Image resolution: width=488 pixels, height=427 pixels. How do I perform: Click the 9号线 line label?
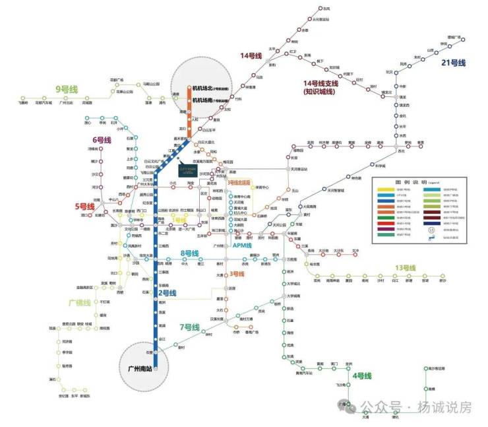click(x=67, y=88)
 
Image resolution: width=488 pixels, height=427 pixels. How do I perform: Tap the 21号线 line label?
click(x=454, y=63)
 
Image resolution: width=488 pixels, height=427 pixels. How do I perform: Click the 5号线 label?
click(x=85, y=205)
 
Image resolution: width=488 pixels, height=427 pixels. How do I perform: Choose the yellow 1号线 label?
click(x=179, y=220)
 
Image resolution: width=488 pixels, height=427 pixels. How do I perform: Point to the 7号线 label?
click(x=189, y=327)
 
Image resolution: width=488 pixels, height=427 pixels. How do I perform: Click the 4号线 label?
click(x=363, y=376)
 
